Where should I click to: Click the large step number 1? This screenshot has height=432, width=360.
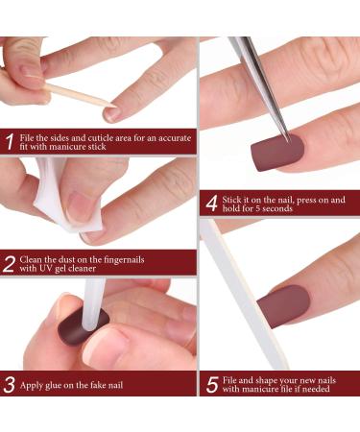9,142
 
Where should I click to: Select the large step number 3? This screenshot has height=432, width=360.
9,385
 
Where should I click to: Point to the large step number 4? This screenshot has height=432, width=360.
211,203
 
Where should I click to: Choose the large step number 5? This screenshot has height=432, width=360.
211,385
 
